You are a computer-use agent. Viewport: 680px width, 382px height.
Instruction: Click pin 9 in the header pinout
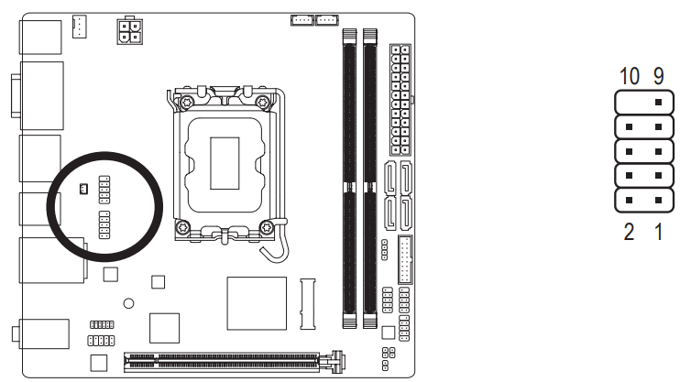pos(658,103)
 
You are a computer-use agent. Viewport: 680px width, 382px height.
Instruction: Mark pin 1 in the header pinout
pos(658,198)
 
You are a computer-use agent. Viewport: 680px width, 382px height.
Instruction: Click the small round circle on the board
pos(130,302)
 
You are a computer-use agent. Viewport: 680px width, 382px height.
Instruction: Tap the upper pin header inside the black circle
pos(104,190)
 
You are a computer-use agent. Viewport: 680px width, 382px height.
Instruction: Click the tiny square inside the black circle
pos(83,190)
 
